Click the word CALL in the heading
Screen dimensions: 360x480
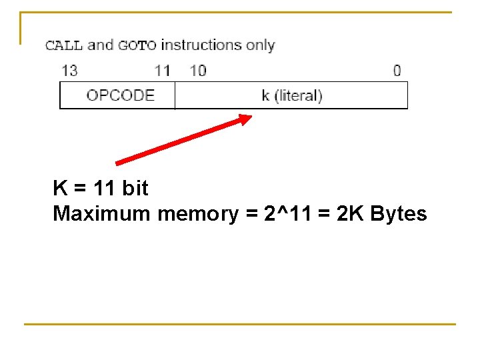pyautogui.click(x=63, y=45)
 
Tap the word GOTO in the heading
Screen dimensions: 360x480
pyautogui.click(x=137, y=45)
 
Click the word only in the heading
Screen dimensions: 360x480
pyautogui.click(x=261, y=45)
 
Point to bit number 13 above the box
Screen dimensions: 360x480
pyautogui.click(x=69, y=70)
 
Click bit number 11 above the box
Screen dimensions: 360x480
pyautogui.click(x=162, y=70)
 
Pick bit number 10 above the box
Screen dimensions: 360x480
pyautogui.click(x=198, y=70)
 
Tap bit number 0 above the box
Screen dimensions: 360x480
pyautogui.click(x=397, y=70)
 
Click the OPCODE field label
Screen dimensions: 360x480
pyautogui.click(x=120, y=95)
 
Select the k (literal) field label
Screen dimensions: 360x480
pyautogui.click(x=291, y=95)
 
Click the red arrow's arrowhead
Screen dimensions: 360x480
pyautogui.click(x=245, y=119)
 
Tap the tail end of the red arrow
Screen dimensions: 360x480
pyautogui.click(x=119, y=162)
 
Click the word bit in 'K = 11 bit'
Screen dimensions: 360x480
pyautogui.click(x=135, y=189)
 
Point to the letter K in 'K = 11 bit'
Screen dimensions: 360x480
pyautogui.click(x=59, y=189)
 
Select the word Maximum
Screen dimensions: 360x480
pyautogui.click(x=102, y=214)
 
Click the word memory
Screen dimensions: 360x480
pyautogui.click(x=197, y=214)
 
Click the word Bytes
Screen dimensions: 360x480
pyautogui.click(x=398, y=214)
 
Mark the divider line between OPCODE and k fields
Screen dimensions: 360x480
pyautogui.click(x=175, y=95)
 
